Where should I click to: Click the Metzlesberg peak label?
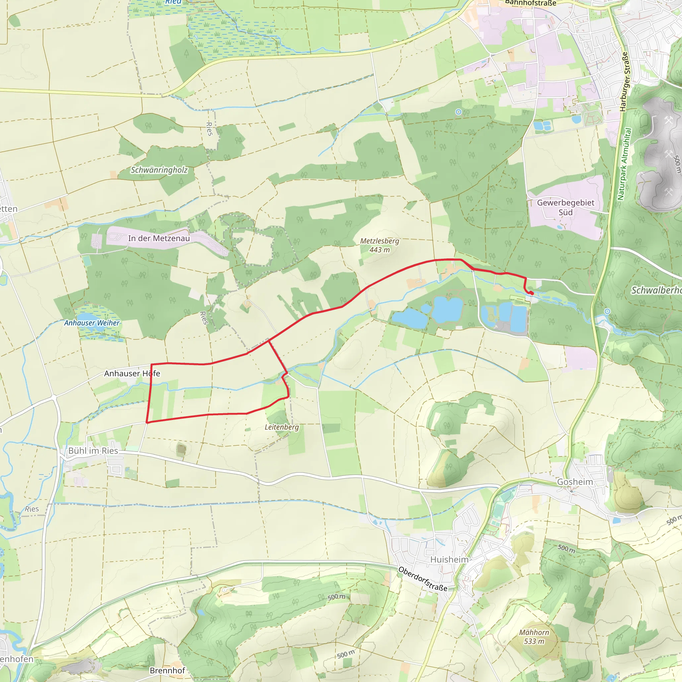point(380,245)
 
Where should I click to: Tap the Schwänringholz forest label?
point(159,170)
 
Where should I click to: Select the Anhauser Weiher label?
point(92,323)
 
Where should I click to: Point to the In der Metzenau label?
point(159,238)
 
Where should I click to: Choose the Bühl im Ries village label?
point(93,451)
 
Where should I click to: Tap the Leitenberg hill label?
point(282,427)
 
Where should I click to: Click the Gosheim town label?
point(575,482)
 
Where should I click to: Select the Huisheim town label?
point(449,559)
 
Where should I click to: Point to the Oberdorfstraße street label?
point(423,579)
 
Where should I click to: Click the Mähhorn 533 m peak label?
point(534,637)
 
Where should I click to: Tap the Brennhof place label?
point(167,670)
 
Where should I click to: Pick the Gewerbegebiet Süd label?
point(565,207)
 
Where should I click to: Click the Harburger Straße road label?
point(624,82)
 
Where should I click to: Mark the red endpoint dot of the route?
point(531,293)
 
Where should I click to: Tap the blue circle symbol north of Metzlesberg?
point(458,112)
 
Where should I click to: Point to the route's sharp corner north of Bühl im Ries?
point(147,422)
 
